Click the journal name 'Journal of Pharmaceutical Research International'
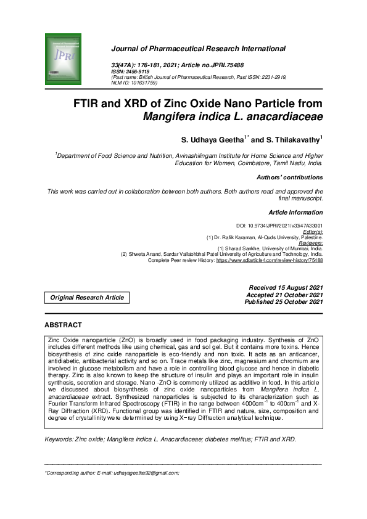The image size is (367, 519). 198,48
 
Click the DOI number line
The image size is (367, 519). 279,226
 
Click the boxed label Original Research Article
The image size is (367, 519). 86,298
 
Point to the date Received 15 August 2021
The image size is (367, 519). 286,288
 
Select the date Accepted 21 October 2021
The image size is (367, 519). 284,295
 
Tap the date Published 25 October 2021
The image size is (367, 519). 284,302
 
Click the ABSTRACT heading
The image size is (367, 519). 63,325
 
